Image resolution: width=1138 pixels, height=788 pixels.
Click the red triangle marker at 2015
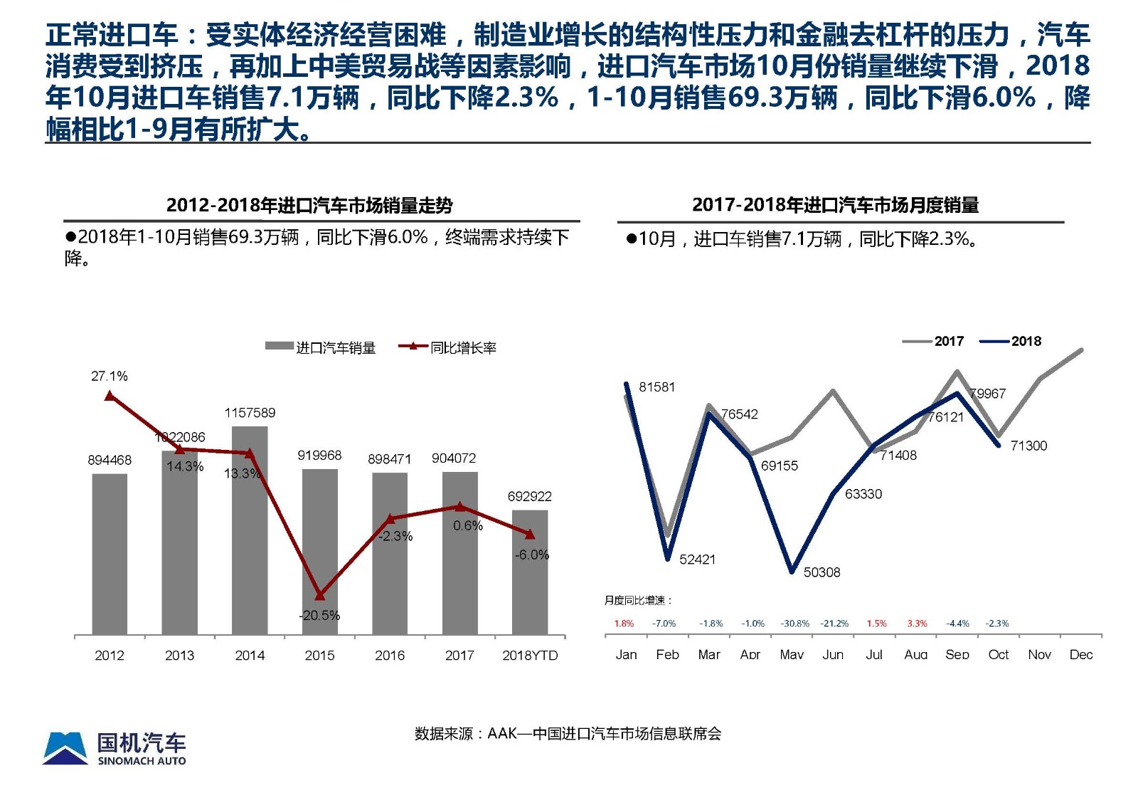319,595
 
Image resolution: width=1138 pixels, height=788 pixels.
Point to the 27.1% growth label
110,376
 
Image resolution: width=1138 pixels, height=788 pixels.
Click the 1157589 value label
250,413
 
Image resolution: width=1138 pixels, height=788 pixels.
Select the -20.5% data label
319,615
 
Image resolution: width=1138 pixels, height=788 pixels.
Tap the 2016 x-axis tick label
390,655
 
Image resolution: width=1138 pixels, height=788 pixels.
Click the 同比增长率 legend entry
448,347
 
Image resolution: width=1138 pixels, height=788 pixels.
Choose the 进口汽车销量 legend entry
321,347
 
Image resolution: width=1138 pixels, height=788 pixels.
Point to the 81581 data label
656,387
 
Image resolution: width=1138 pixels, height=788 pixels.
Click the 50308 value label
821,572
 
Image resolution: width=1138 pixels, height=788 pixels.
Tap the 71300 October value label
1028,446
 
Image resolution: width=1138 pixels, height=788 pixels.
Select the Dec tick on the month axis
1080,655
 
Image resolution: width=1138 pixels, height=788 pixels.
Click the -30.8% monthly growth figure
794,624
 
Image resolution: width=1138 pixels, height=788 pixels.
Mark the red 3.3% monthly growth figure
917,624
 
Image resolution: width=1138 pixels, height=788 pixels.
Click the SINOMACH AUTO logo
115,748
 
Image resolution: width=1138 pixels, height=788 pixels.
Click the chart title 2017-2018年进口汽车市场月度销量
835,205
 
